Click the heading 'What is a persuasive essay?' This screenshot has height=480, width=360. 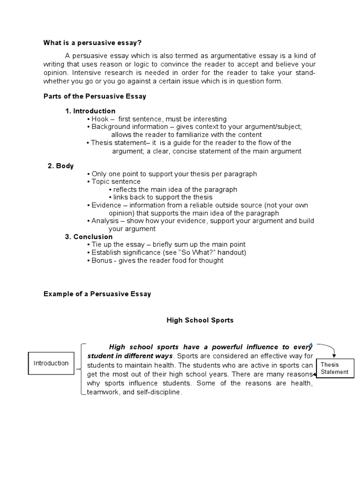(x=92, y=43)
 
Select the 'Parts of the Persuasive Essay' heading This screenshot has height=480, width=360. (x=95, y=96)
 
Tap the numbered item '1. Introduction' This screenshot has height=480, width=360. (x=90, y=111)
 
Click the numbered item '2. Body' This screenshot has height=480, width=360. (x=60, y=166)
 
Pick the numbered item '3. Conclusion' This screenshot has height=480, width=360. (x=89, y=237)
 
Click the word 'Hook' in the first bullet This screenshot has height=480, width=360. (x=100, y=119)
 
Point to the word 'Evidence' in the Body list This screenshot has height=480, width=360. (x=105, y=205)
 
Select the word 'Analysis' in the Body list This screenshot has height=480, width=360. (x=105, y=221)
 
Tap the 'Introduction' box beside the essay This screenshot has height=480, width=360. (x=51, y=363)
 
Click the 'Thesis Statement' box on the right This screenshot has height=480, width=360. (x=335, y=368)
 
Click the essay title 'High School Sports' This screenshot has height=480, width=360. (x=200, y=321)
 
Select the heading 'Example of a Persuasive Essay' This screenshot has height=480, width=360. (x=97, y=294)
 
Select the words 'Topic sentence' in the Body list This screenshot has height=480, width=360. (x=116, y=182)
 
